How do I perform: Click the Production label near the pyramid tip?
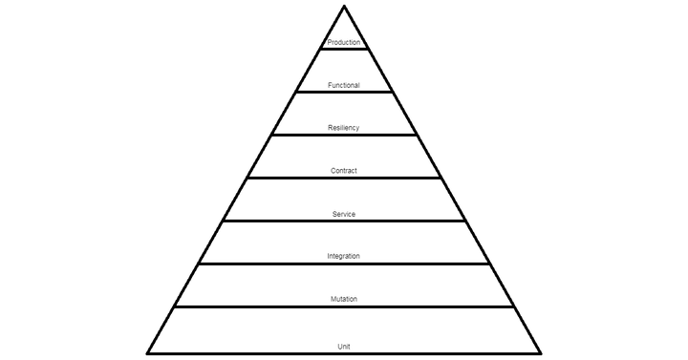(343, 43)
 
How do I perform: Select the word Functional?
(343, 86)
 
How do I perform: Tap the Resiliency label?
(343, 128)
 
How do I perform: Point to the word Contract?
(343, 171)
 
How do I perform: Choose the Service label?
(343, 214)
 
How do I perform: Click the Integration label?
(343, 257)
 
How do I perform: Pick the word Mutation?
(343, 300)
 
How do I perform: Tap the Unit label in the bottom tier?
(343, 346)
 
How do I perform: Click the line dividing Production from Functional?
(343, 50)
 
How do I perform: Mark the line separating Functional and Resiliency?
(343, 93)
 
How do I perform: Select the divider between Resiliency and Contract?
(343, 135)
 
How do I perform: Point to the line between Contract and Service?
(343, 178)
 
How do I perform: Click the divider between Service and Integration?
(343, 221)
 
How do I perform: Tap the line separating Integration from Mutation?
(343, 264)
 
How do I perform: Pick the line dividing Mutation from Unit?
(343, 307)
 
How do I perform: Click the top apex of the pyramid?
(343, 7)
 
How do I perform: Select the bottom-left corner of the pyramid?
(148, 351)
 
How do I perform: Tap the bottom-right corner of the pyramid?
(540, 351)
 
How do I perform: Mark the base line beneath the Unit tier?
(287, 352)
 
